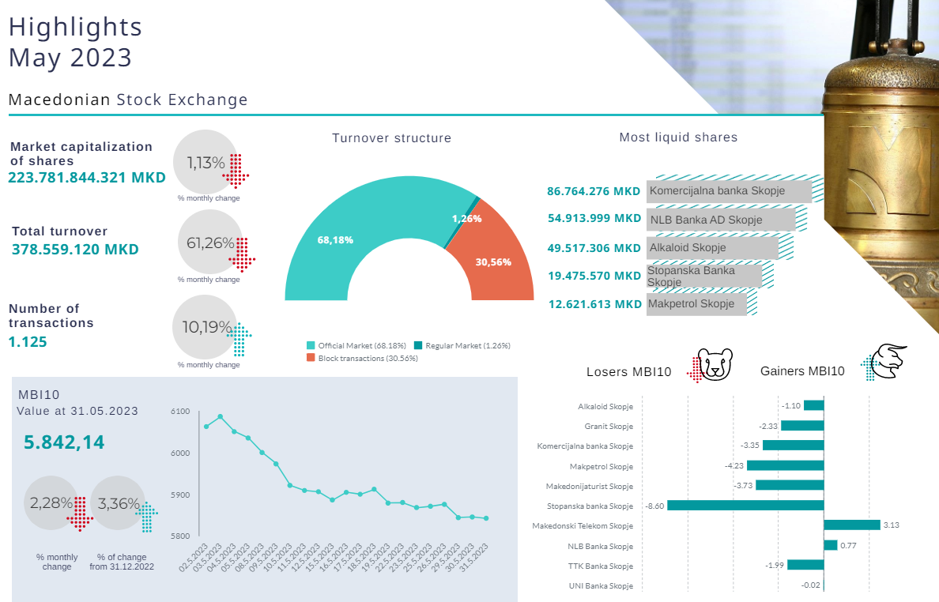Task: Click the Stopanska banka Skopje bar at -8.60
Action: pos(745,506)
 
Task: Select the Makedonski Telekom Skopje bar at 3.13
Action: pos(852,525)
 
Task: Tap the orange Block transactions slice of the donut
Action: pos(498,253)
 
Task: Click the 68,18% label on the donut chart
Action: pos(335,239)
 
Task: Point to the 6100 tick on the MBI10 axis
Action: pos(180,412)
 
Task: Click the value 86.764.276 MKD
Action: pos(594,191)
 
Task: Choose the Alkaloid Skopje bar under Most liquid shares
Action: pos(712,247)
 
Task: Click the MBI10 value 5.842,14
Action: pos(64,442)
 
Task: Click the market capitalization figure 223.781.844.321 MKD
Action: pos(87,177)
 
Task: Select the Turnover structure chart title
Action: pos(391,138)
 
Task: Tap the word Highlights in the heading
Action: pos(75,27)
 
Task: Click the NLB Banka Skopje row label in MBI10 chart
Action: pos(600,546)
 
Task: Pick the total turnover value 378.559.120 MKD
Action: pos(75,250)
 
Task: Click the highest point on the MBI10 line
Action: pos(220,416)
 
